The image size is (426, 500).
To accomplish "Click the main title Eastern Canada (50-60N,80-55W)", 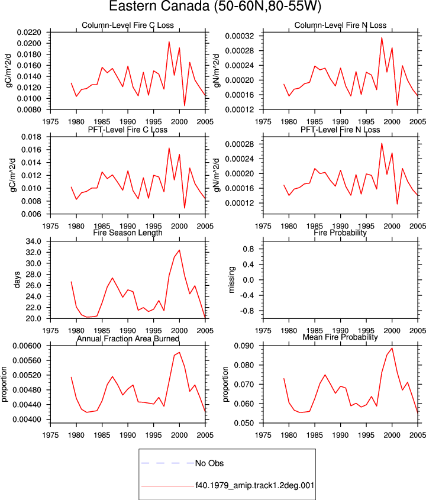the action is [215, 7].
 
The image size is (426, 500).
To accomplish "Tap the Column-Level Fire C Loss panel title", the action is [128, 25].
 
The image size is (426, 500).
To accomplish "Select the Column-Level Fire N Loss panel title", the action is [340, 25].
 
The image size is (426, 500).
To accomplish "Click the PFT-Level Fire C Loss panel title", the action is [128, 130].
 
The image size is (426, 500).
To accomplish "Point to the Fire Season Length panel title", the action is [128, 233].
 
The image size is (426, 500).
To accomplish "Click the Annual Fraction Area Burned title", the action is [128, 338].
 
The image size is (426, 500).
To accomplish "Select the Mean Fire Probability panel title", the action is [340, 337].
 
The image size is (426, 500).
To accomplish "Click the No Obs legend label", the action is [209, 463].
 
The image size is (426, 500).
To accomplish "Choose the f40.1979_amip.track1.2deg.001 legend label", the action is [255, 486].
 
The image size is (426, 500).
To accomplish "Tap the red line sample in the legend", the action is [167, 486].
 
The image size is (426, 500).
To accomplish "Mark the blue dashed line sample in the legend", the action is [167, 463].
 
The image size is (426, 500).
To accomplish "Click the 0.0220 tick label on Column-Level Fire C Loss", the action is [30, 32].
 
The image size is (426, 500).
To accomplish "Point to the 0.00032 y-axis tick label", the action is [240, 36].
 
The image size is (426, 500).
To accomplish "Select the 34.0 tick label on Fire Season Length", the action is [34, 241].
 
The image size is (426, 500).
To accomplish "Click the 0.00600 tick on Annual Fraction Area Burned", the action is [27, 346].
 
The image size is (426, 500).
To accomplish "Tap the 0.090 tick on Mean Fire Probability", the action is [244, 346].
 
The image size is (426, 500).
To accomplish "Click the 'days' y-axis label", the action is [17, 280].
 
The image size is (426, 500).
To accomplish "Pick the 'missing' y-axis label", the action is [231, 280].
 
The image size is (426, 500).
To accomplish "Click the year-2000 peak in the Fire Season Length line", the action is [179, 250].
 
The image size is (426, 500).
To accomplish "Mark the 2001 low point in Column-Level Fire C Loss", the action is [185, 105].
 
